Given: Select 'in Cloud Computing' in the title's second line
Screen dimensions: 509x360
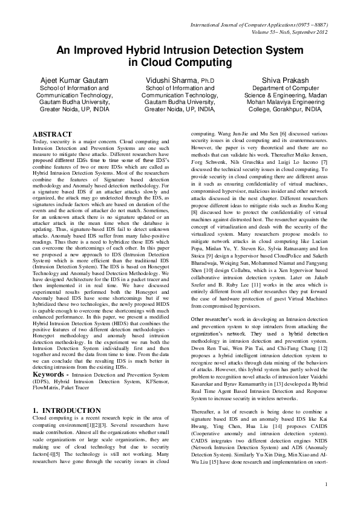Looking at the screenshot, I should pyautogui.click(x=180, y=62).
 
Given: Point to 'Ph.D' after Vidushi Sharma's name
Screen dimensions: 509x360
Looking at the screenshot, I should pyautogui.click(x=208, y=80).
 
